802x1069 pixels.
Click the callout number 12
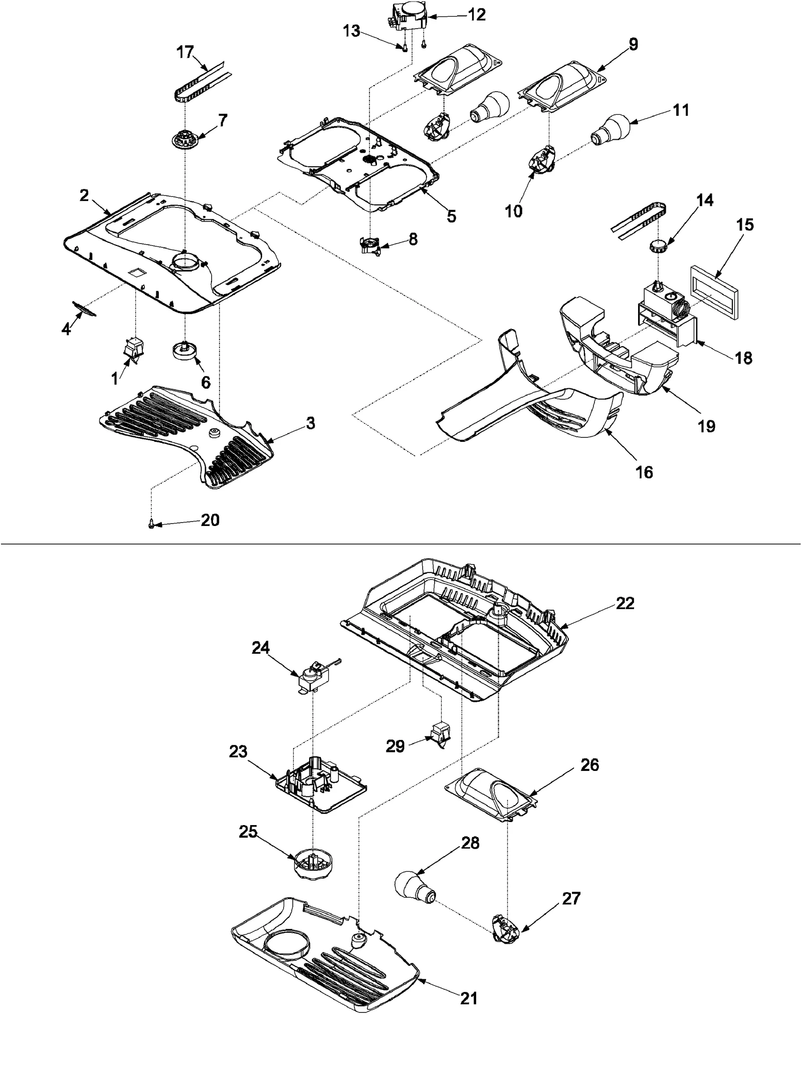pyautogui.click(x=477, y=15)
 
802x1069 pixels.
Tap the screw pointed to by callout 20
pyautogui.click(x=151, y=524)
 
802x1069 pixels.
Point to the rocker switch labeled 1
pyautogui.click(x=134, y=349)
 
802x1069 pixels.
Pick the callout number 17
pyautogui.click(x=185, y=52)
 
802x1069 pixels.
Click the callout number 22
pyautogui.click(x=625, y=603)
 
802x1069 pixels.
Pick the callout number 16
pyautogui.click(x=645, y=472)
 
